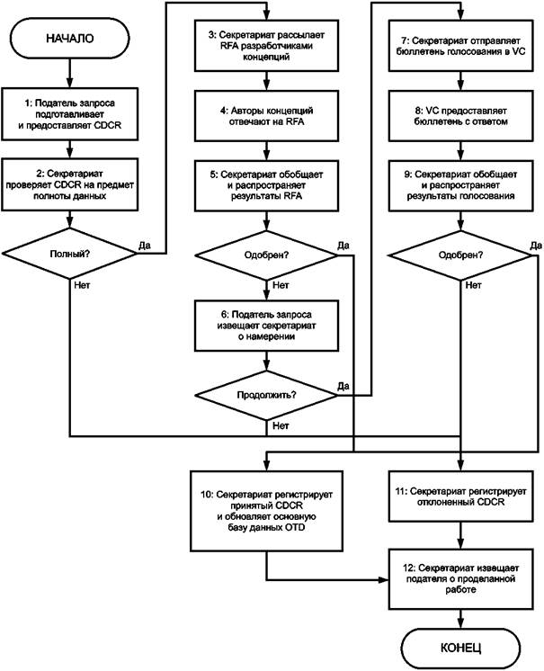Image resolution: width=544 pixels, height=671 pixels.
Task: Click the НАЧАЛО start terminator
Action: click(x=70, y=38)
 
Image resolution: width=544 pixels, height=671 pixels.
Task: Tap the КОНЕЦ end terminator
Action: click(x=460, y=648)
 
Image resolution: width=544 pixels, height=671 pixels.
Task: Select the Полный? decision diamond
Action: click(x=69, y=254)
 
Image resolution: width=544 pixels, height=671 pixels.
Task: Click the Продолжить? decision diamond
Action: click(x=266, y=395)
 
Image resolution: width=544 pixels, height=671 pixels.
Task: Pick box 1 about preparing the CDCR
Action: click(x=70, y=114)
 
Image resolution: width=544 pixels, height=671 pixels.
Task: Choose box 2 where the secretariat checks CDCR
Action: click(x=70, y=185)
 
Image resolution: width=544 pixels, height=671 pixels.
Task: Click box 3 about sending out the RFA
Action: click(x=266, y=45)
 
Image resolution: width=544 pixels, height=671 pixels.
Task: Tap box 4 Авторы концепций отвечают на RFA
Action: click(x=266, y=116)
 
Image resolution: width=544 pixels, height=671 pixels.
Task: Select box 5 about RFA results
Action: click(x=266, y=185)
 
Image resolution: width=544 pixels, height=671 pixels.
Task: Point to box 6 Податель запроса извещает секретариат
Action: click(x=266, y=326)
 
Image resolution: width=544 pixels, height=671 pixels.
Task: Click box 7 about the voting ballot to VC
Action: click(x=460, y=45)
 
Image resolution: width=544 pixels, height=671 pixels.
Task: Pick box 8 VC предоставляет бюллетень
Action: click(x=460, y=116)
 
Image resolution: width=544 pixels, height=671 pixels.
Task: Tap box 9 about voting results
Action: click(x=460, y=185)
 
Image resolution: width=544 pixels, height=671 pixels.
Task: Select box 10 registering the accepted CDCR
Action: click(x=266, y=511)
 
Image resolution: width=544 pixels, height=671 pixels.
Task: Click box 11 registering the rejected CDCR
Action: click(x=460, y=496)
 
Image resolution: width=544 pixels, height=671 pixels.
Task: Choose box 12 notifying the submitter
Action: click(x=460, y=579)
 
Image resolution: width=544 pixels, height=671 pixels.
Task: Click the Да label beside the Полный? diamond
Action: click(x=145, y=246)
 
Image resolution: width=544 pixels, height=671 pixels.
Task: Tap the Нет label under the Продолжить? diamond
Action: click(x=281, y=425)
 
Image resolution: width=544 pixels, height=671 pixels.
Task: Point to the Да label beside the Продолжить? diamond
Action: click(x=343, y=386)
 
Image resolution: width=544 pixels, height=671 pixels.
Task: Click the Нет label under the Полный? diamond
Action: click(x=82, y=284)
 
